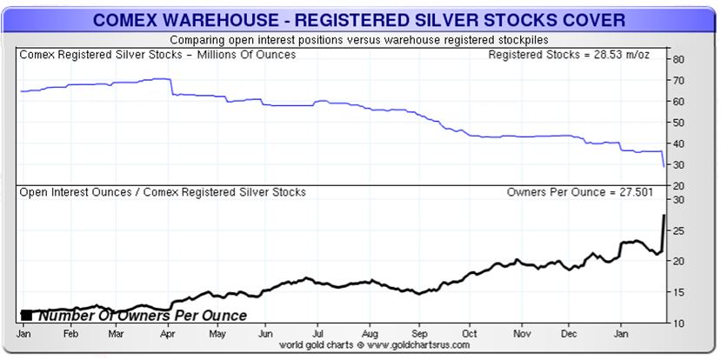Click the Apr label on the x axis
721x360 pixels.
click(x=169, y=333)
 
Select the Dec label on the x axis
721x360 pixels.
click(x=571, y=333)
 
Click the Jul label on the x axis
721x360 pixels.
click(x=320, y=333)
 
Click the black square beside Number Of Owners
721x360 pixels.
click(x=27, y=315)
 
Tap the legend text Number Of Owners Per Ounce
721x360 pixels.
click(x=142, y=316)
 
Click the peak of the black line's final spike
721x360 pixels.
click(x=664, y=214)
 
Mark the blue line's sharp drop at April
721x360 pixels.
click(x=170, y=86)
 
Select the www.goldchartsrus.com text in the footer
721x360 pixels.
click(x=419, y=345)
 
